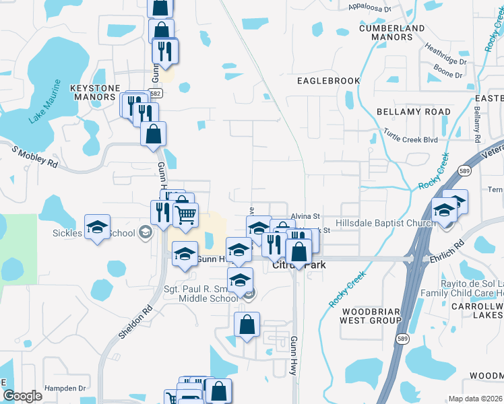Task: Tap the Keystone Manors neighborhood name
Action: (95, 92)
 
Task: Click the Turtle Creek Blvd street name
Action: (410, 135)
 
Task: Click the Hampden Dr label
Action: (65, 388)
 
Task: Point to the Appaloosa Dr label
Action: (371, 7)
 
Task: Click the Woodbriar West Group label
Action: (372, 316)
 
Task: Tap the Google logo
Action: (22, 396)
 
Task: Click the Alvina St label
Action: (303, 216)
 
